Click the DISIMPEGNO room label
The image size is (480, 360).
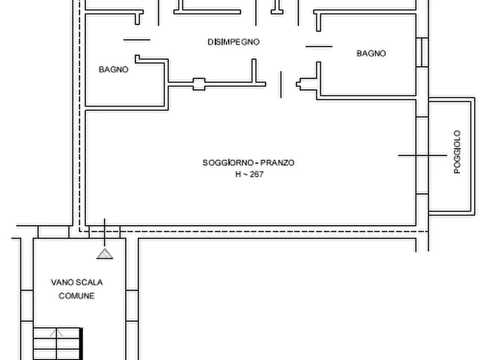[x=233, y=41]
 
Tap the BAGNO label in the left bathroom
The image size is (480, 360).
[x=113, y=69]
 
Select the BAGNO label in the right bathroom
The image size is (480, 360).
[x=371, y=53]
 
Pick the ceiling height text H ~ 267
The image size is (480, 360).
[x=248, y=174]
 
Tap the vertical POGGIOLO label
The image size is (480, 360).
[x=457, y=152]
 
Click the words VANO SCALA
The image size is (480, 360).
[x=77, y=282]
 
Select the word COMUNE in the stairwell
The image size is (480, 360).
[x=77, y=296]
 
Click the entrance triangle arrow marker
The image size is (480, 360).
[x=105, y=254]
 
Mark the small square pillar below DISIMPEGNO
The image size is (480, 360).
[x=199, y=83]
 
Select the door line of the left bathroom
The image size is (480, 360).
[x=137, y=39]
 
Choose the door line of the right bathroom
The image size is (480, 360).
[x=319, y=46]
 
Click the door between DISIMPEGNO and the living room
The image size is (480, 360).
[x=281, y=85]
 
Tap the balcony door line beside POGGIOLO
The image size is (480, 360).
[x=422, y=155]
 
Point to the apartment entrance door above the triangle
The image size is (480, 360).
[x=104, y=231]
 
